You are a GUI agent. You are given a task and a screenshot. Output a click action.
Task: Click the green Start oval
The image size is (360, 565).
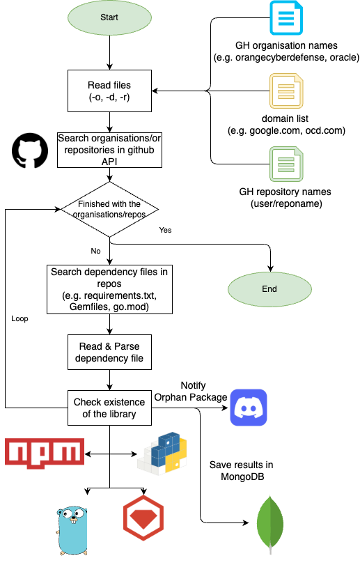point(109,17)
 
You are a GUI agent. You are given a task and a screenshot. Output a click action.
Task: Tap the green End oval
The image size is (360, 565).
point(269,289)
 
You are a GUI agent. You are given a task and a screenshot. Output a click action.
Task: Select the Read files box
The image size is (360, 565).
point(109,91)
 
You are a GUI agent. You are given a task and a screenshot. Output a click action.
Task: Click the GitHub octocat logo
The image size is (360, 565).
point(30,150)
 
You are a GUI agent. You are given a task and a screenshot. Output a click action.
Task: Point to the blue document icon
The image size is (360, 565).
point(286,18)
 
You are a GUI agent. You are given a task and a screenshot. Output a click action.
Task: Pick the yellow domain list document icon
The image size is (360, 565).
point(287,91)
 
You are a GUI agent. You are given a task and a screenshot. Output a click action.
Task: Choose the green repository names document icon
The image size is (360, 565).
point(287,164)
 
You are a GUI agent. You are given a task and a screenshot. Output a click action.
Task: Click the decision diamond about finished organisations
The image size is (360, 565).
point(109,210)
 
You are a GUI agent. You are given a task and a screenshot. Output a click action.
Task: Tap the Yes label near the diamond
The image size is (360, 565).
point(165,230)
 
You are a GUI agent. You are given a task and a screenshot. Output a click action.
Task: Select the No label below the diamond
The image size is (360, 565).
point(95,251)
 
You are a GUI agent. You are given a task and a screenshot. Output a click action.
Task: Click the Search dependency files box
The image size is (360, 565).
point(109,289)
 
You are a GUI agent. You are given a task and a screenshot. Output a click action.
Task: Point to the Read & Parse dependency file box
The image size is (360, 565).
point(109,352)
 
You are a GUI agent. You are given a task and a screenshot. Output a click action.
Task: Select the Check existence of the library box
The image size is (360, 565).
point(109,408)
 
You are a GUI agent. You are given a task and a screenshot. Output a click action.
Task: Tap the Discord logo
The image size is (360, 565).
point(249,408)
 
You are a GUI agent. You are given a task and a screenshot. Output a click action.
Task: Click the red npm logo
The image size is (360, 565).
point(45,454)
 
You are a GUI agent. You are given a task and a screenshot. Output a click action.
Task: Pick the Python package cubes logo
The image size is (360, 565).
point(162,453)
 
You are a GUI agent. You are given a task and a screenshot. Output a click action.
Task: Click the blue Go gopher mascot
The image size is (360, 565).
point(72,531)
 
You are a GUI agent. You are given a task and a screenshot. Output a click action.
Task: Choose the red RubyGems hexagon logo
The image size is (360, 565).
point(143,518)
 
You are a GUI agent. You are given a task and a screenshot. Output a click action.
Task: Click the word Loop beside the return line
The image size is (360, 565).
point(19,318)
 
